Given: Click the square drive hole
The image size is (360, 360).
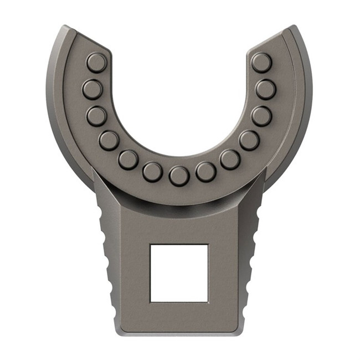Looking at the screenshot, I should pos(179,273).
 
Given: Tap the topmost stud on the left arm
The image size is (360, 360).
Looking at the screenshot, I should pos(96,63).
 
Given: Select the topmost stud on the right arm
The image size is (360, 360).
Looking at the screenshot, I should pos(261,63).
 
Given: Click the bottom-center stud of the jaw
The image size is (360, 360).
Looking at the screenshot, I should pos(179,176).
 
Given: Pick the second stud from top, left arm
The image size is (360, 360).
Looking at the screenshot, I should pos(92,89).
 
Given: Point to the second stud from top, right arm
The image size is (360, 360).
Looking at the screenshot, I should pos(265,89).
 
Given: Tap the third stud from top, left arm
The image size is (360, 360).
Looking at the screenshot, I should pos(96,116).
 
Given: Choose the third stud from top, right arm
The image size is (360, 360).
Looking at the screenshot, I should pos(261,116).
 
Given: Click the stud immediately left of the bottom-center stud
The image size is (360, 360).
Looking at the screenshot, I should pos(152,172).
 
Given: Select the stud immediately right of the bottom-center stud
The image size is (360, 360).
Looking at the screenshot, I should pos(205,172).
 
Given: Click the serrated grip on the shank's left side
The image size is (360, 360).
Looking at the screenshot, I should pos(106,260).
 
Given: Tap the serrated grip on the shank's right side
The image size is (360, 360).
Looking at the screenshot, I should pos(252,260).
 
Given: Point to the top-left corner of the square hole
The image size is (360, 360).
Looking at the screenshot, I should pos(151,245).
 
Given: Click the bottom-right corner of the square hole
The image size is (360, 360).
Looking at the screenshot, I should pos(208,301).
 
